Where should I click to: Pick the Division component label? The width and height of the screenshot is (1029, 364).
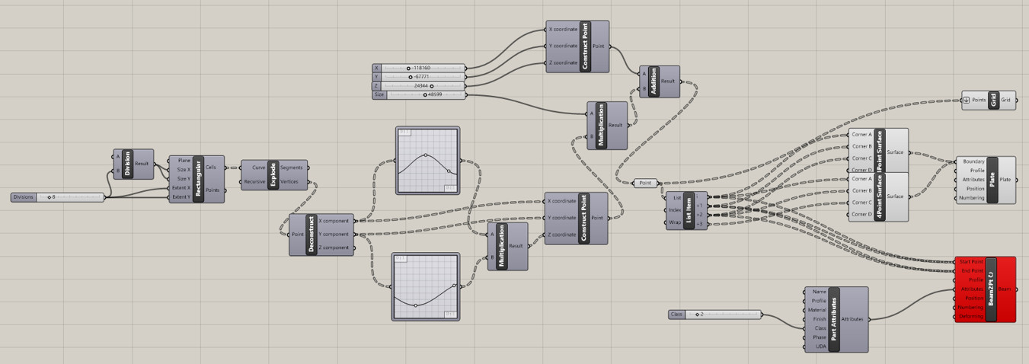(x=127, y=164)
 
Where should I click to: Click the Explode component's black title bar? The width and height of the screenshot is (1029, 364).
(x=273, y=174)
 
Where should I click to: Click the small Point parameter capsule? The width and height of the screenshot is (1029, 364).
(x=645, y=183)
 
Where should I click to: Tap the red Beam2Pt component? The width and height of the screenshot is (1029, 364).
(x=990, y=289)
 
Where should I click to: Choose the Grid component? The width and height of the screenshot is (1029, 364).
(x=993, y=101)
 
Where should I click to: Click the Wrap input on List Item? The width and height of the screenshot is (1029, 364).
(x=675, y=223)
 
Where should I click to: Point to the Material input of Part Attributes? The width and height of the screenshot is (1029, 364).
(x=819, y=310)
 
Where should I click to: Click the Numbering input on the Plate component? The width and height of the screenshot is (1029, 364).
(x=973, y=198)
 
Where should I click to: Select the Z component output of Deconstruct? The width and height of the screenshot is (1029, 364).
(x=334, y=247)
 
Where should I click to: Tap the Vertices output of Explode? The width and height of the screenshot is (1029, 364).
(x=290, y=182)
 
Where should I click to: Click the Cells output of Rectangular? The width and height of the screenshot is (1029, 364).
(x=211, y=167)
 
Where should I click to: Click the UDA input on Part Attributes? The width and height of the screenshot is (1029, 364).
(x=820, y=346)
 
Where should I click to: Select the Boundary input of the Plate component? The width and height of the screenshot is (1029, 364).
(x=973, y=161)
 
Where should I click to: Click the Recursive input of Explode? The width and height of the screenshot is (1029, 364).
(x=255, y=182)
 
